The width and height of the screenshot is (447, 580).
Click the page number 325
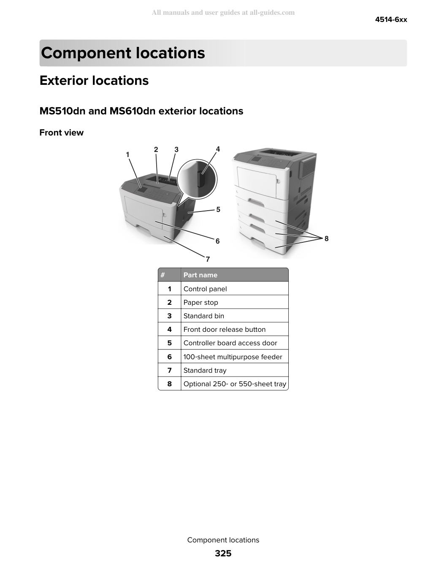click(x=223, y=553)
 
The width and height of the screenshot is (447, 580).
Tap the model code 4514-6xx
click(x=391, y=19)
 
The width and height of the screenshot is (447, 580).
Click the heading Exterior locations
click(x=94, y=80)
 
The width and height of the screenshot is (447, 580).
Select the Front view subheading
click(x=61, y=133)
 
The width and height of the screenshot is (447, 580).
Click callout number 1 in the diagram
click(x=127, y=154)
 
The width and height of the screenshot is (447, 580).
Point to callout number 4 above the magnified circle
click(x=218, y=149)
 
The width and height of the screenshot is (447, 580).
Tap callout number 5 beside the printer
click(x=218, y=209)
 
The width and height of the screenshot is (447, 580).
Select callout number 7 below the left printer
click(x=208, y=259)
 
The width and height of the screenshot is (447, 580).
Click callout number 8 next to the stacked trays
click(x=326, y=239)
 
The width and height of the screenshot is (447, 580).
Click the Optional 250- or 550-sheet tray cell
click(x=235, y=384)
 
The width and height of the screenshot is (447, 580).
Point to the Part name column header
click(x=200, y=275)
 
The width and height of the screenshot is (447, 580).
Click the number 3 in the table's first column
click(x=169, y=316)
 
